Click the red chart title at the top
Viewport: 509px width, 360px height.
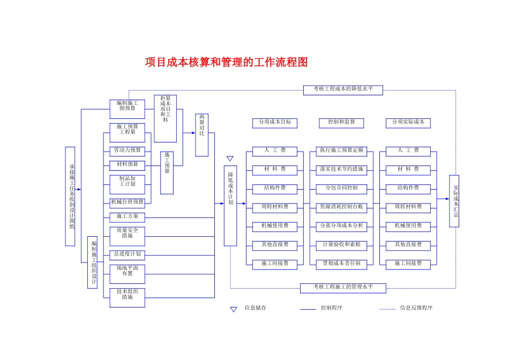coord(226,62)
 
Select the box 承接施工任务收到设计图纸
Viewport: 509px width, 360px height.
coord(70,197)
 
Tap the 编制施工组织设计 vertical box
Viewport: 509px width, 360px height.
coord(93,262)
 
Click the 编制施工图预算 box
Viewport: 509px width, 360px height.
coord(128,109)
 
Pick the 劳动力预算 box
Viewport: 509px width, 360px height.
coord(128,152)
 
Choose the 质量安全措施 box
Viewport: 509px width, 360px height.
coord(128,236)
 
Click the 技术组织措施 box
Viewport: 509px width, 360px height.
coord(128,298)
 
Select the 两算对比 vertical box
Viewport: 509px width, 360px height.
coord(201,135)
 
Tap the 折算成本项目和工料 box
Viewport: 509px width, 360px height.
coord(165,118)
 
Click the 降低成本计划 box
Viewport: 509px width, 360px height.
coord(230,206)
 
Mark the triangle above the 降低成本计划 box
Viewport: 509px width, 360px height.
coord(230,159)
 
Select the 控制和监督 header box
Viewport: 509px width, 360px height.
coord(341,123)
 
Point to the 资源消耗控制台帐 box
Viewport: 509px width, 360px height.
coord(341,208)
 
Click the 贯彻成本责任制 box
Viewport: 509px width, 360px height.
coord(341,265)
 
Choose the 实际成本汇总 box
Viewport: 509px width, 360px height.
coord(454,201)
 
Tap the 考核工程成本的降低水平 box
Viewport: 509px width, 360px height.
coord(343,90)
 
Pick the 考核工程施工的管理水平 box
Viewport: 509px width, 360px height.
coord(343,288)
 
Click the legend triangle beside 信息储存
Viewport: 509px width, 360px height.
coord(234,309)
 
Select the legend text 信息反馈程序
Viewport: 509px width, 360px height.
coord(416,307)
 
